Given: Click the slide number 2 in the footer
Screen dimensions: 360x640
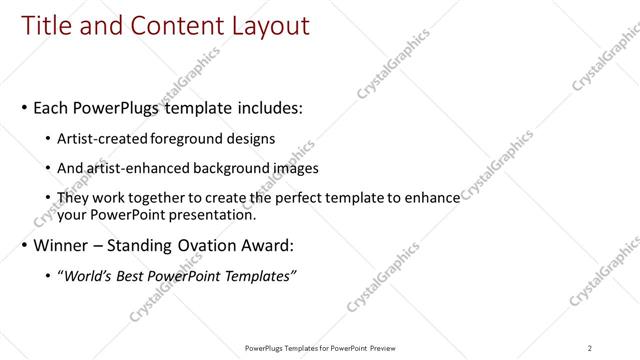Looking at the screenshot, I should click(589, 347).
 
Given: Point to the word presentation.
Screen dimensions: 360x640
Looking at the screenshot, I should click(215, 214).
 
